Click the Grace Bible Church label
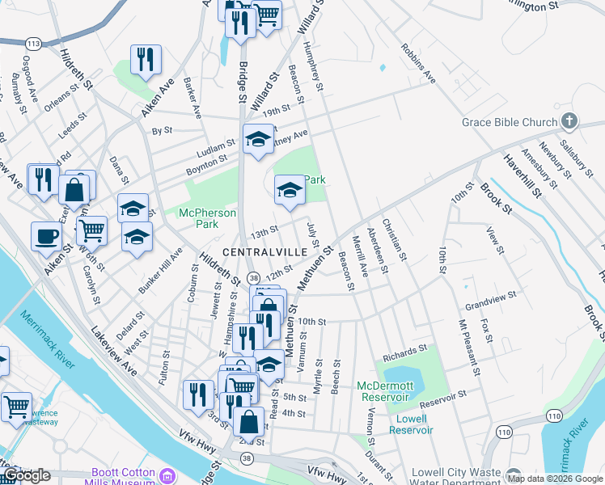(x=510, y=122)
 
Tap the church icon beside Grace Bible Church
(x=569, y=121)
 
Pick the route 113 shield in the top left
(x=33, y=42)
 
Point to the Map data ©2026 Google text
(x=556, y=479)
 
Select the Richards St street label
(x=404, y=352)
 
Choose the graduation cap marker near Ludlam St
(x=258, y=138)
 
